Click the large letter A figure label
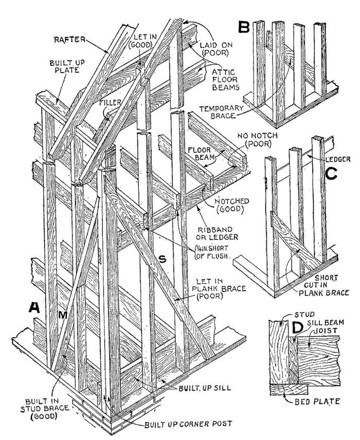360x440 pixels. tap(34, 307)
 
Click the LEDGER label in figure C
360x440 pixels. tap(337, 159)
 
